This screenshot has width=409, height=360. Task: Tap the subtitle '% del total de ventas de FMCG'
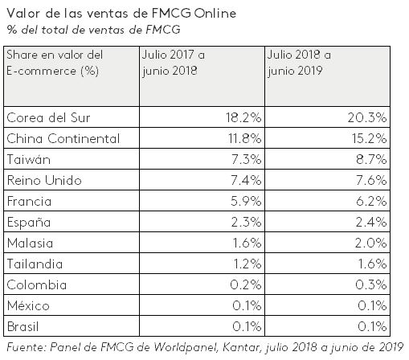93,31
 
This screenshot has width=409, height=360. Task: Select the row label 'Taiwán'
27,159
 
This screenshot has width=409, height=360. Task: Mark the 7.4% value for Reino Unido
243,180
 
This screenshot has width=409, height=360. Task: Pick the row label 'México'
29,306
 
